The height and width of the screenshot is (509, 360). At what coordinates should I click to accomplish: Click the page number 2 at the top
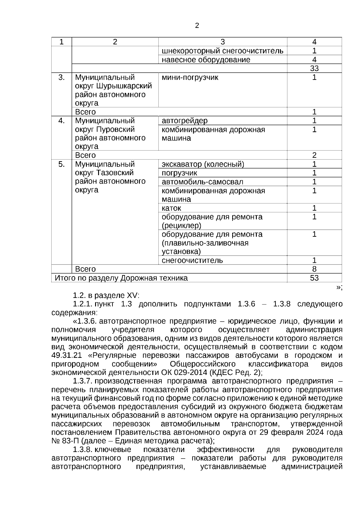pyautogui.click(x=197, y=26)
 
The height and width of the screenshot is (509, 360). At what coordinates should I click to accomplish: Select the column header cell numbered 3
pyautogui.click(x=222, y=42)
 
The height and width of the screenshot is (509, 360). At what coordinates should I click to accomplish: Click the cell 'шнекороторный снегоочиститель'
pyautogui.click(x=222, y=51)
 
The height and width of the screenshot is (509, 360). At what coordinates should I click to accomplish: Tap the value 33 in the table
pyautogui.click(x=314, y=68)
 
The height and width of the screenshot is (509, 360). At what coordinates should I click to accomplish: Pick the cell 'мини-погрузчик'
pyautogui.click(x=190, y=77)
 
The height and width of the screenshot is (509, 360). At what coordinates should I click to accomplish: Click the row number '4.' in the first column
pyautogui.click(x=61, y=121)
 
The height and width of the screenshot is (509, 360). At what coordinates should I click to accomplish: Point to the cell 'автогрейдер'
pyautogui.click(x=184, y=121)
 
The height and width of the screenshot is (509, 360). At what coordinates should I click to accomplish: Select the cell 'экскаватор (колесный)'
pyautogui.click(x=203, y=164)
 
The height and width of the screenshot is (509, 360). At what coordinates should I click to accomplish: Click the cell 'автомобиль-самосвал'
pyautogui.click(x=202, y=182)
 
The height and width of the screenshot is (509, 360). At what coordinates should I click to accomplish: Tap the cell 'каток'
pyautogui.click(x=171, y=208)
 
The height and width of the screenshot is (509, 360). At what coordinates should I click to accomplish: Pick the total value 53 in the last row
pyautogui.click(x=314, y=278)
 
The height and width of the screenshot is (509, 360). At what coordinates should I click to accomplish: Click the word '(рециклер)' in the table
pyautogui.click(x=181, y=225)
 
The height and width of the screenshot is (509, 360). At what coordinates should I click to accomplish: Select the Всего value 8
pyautogui.click(x=314, y=269)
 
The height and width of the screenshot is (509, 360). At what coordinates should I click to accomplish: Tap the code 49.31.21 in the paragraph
pyautogui.click(x=67, y=355)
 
